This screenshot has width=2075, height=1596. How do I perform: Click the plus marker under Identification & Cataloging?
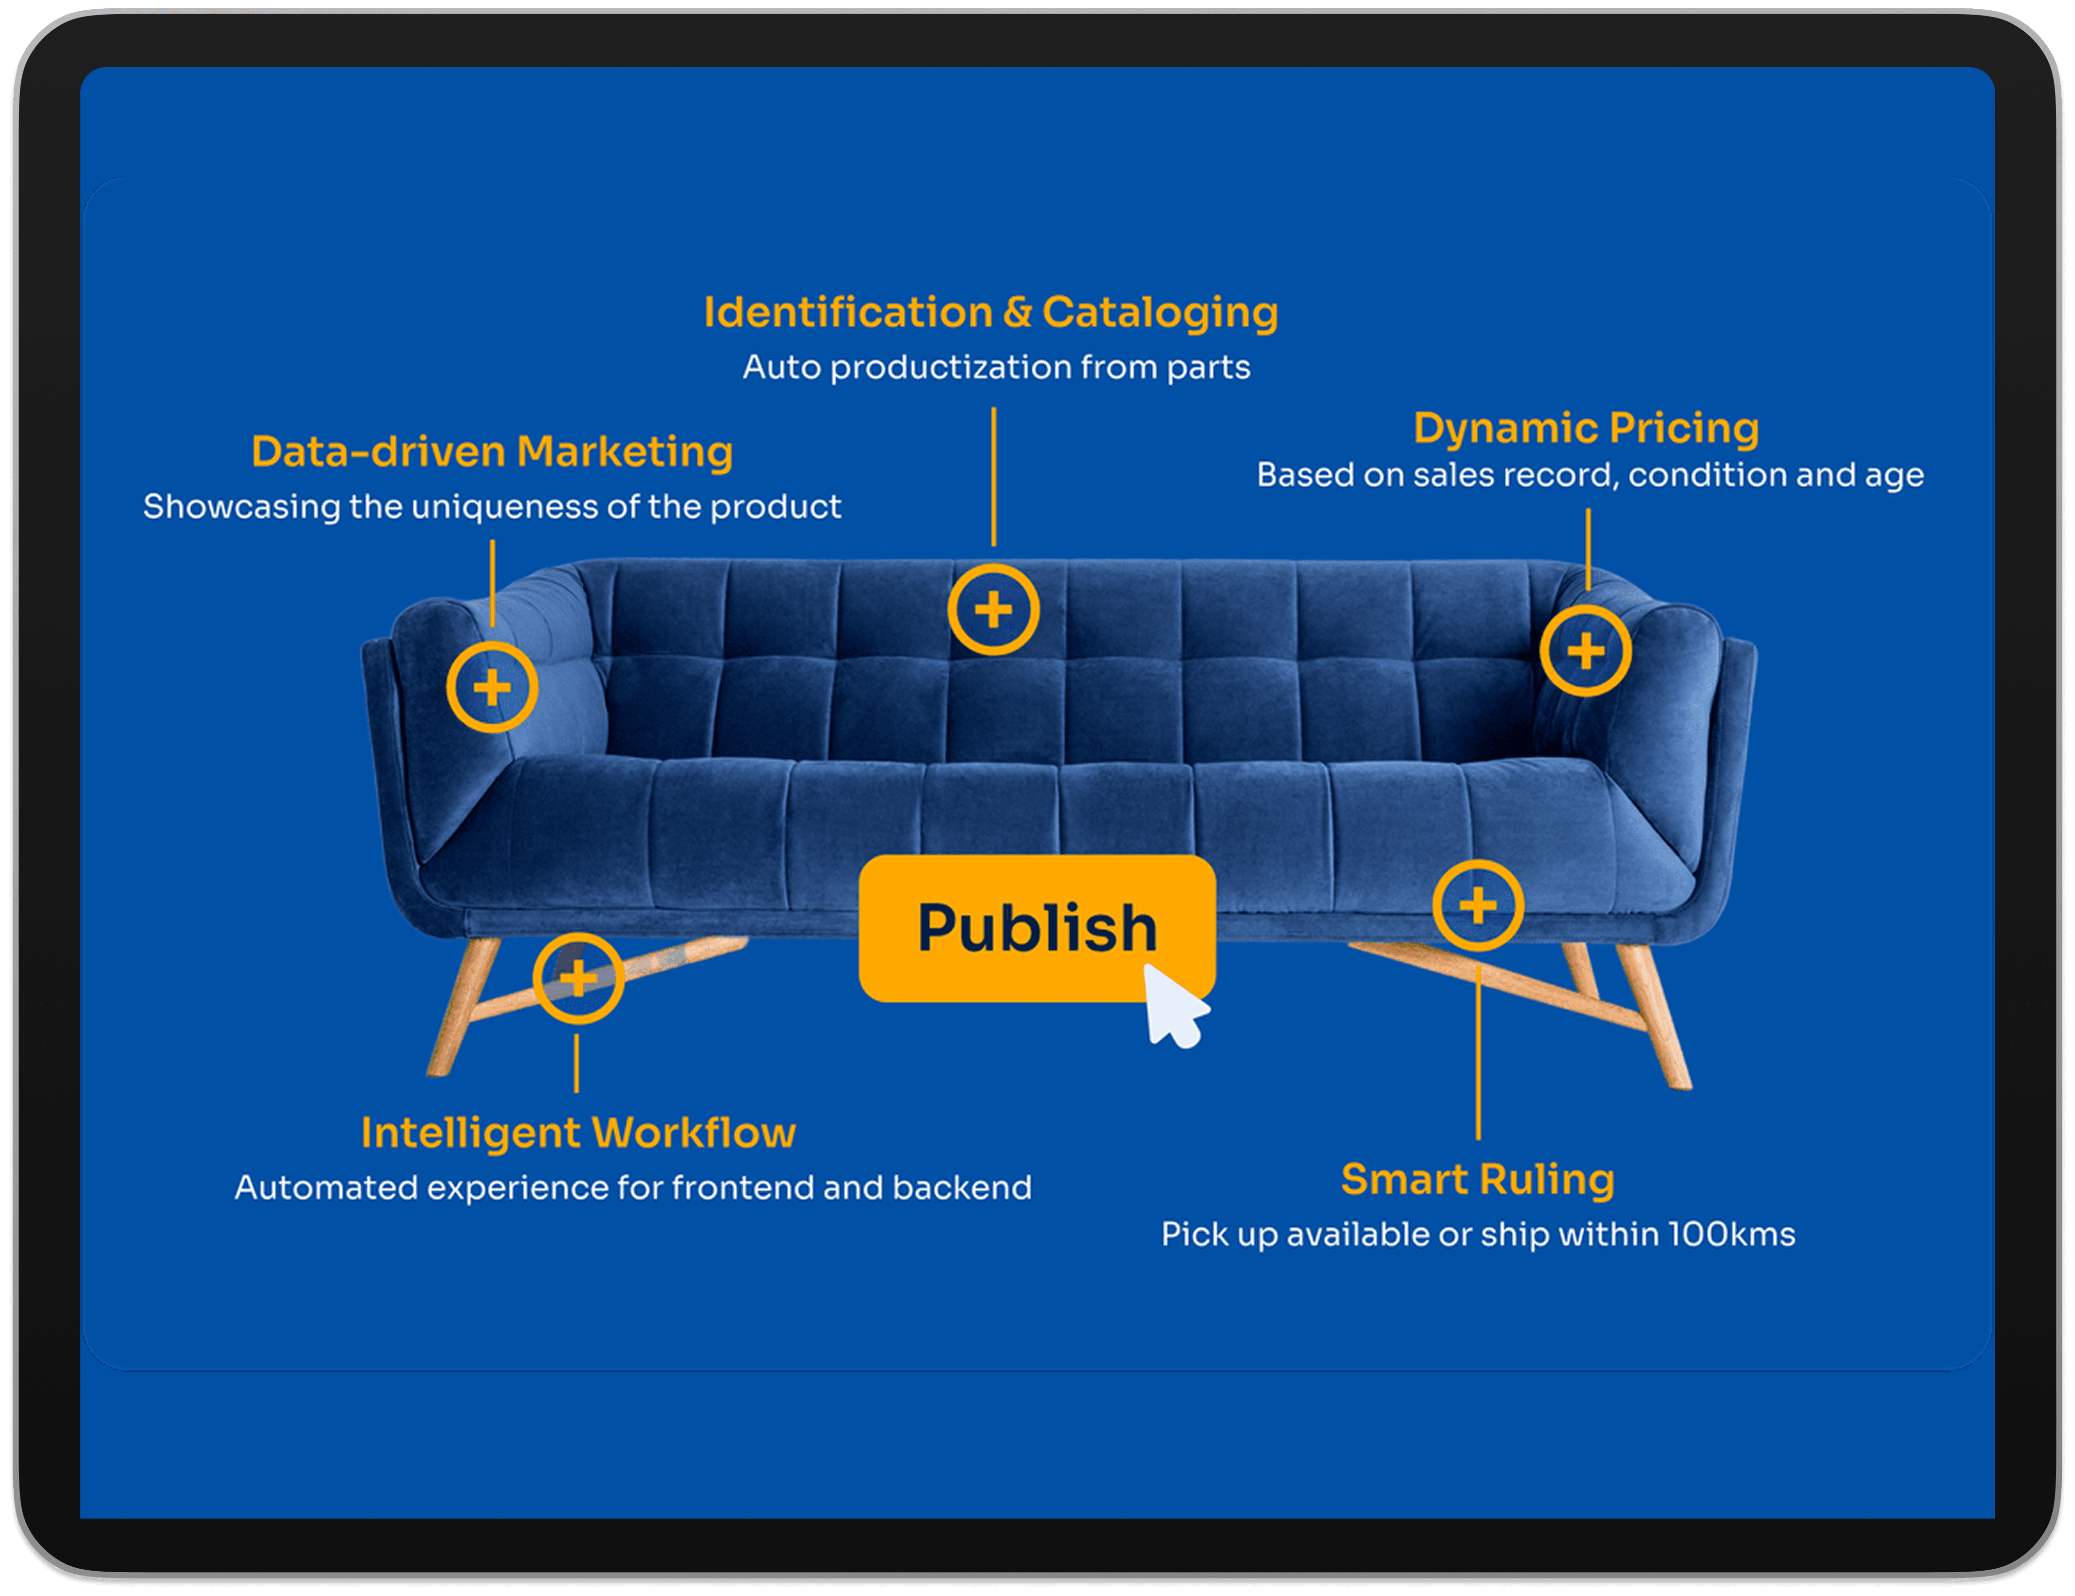[993, 610]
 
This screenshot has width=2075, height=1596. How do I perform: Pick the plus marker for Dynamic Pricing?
[1585, 652]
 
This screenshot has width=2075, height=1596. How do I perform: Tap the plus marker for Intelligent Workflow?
[577, 977]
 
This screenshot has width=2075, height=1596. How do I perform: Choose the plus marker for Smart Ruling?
[1478, 905]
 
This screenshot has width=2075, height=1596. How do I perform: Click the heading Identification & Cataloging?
[990, 313]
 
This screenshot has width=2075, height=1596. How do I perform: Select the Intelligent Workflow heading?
[578, 1132]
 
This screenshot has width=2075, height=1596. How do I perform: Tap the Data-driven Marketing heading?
[492, 451]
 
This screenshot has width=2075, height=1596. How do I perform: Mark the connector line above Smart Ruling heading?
[1478, 1054]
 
